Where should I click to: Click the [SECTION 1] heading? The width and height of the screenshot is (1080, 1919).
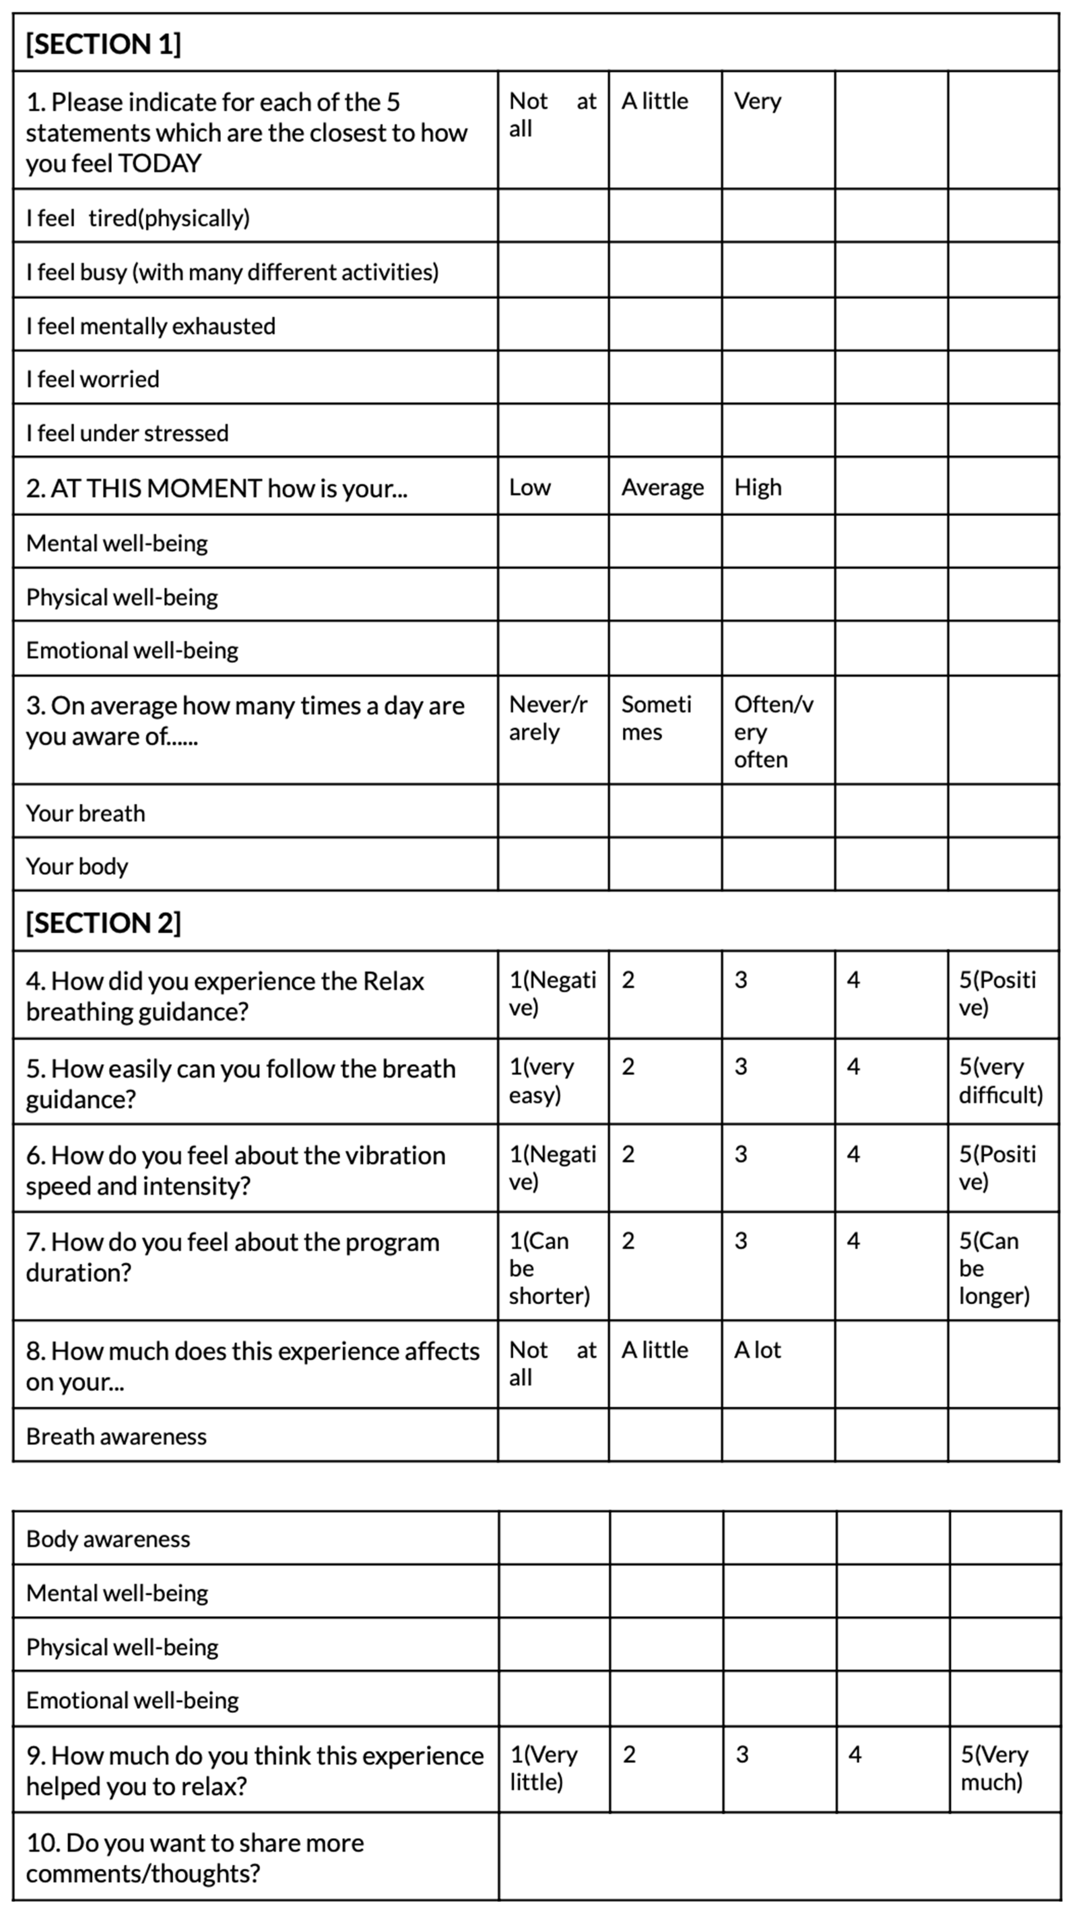click(104, 44)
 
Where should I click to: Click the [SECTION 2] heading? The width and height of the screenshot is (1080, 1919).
click(104, 923)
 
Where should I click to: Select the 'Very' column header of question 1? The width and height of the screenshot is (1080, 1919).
click(757, 101)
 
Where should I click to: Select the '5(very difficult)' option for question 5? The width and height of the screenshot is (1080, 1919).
click(1000, 1081)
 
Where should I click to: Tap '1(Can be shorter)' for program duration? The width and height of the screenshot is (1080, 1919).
click(549, 1268)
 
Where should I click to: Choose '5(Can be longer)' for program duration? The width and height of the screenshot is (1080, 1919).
click(994, 1268)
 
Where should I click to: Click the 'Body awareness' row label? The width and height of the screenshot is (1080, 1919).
click(108, 1539)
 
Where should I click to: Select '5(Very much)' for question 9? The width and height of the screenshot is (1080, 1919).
click(994, 1769)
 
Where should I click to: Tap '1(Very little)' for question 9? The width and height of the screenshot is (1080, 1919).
click(543, 1769)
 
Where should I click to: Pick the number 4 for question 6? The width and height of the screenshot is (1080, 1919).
click(854, 1155)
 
